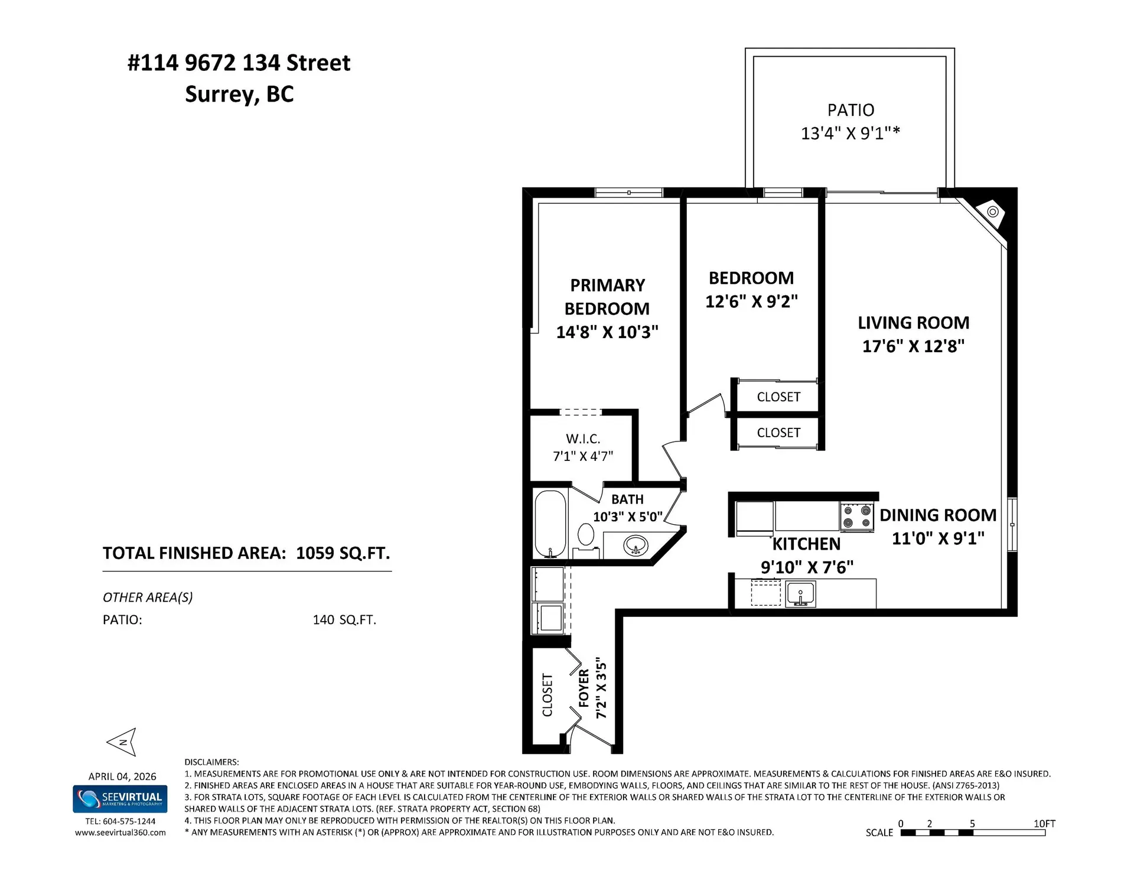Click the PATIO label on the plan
pyautogui.click(x=850, y=111)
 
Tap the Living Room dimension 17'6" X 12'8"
pyautogui.click(x=913, y=346)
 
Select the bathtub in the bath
pyautogui.click(x=550, y=524)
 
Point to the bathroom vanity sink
pyautogui.click(x=636, y=545)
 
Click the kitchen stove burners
pyautogui.click(x=857, y=516)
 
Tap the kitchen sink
pyautogui.click(x=801, y=593)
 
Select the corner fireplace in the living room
pyautogui.click(x=993, y=212)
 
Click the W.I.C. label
pyautogui.click(x=582, y=439)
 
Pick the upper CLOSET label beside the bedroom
pyautogui.click(x=778, y=397)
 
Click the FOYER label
pyautogui.click(x=584, y=688)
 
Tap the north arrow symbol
pyautogui.click(x=123, y=742)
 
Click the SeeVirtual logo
pyautogui.click(x=120, y=798)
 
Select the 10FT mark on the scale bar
pyautogui.click(x=1044, y=823)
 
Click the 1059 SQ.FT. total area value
pyautogui.click(x=343, y=553)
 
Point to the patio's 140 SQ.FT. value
pyautogui.click(x=344, y=620)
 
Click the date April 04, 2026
pyautogui.click(x=122, y=777)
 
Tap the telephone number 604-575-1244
pyautogui.click(x=129, y=821)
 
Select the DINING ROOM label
pyautogui.click(x=937, y=515)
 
